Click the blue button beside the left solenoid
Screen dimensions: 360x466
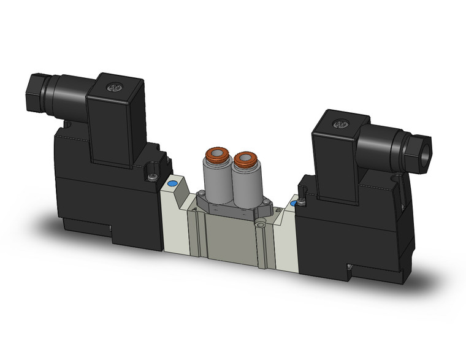pyautogui.click(x=172, y=183)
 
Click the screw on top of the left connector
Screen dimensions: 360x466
pyautogui.click(x=112, y=88)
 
